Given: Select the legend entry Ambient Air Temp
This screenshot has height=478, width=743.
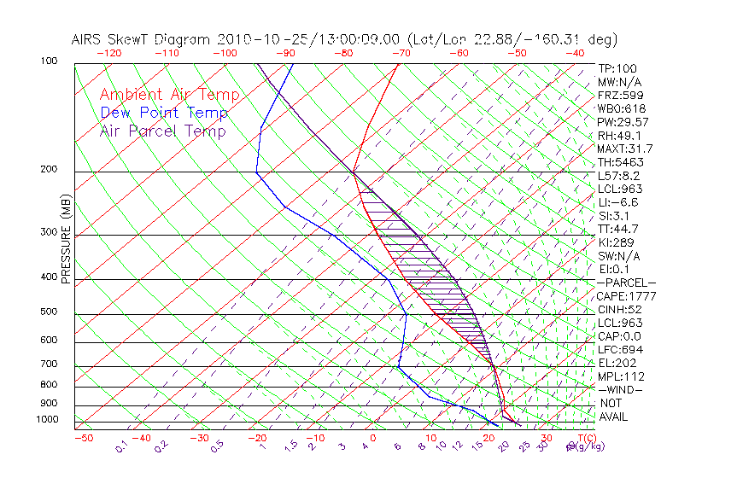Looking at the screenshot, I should point(169,95).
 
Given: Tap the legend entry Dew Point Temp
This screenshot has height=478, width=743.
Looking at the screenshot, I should point(164,113).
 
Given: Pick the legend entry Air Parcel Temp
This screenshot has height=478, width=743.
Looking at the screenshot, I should point(162,131).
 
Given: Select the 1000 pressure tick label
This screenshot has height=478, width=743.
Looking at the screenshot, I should point(47,420).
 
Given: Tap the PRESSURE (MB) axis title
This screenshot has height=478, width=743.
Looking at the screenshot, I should point(67,239).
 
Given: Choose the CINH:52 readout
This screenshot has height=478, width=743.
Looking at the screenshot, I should point(620,309).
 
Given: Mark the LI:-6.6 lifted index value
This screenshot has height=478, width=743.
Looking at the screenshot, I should point(618,202).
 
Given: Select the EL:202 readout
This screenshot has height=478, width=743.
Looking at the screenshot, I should point(617,363).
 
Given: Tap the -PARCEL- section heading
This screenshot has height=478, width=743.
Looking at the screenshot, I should point(626,283).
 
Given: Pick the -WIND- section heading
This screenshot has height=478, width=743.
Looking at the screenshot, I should point(620,389).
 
